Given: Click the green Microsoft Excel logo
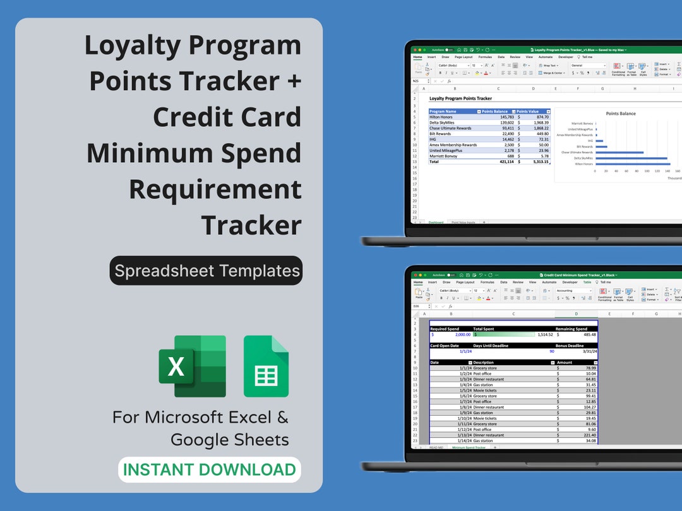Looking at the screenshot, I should click(192, 366).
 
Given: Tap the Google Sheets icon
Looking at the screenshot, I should click(266, 366).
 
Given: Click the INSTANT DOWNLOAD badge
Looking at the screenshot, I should click(209, 470).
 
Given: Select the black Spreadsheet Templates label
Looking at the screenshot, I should click(206, 271).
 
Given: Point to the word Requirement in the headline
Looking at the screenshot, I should click(215, 189).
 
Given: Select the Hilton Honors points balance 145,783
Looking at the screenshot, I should click(498, 117).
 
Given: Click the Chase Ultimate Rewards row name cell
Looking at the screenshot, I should click(450, 128).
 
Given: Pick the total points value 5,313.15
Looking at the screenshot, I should click(537, 162).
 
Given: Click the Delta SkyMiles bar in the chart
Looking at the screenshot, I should click(630, 158).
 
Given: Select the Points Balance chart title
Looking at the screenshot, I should click(621, 114).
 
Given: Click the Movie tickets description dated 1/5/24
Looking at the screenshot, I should click(485, 391).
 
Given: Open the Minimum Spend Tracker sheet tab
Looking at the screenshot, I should click(468, 447).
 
